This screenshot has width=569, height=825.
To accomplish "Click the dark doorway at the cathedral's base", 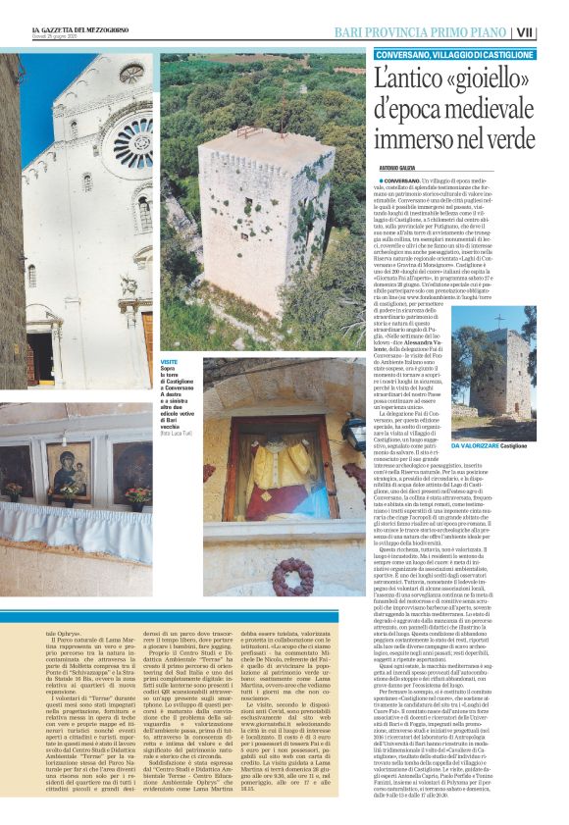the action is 40,357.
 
